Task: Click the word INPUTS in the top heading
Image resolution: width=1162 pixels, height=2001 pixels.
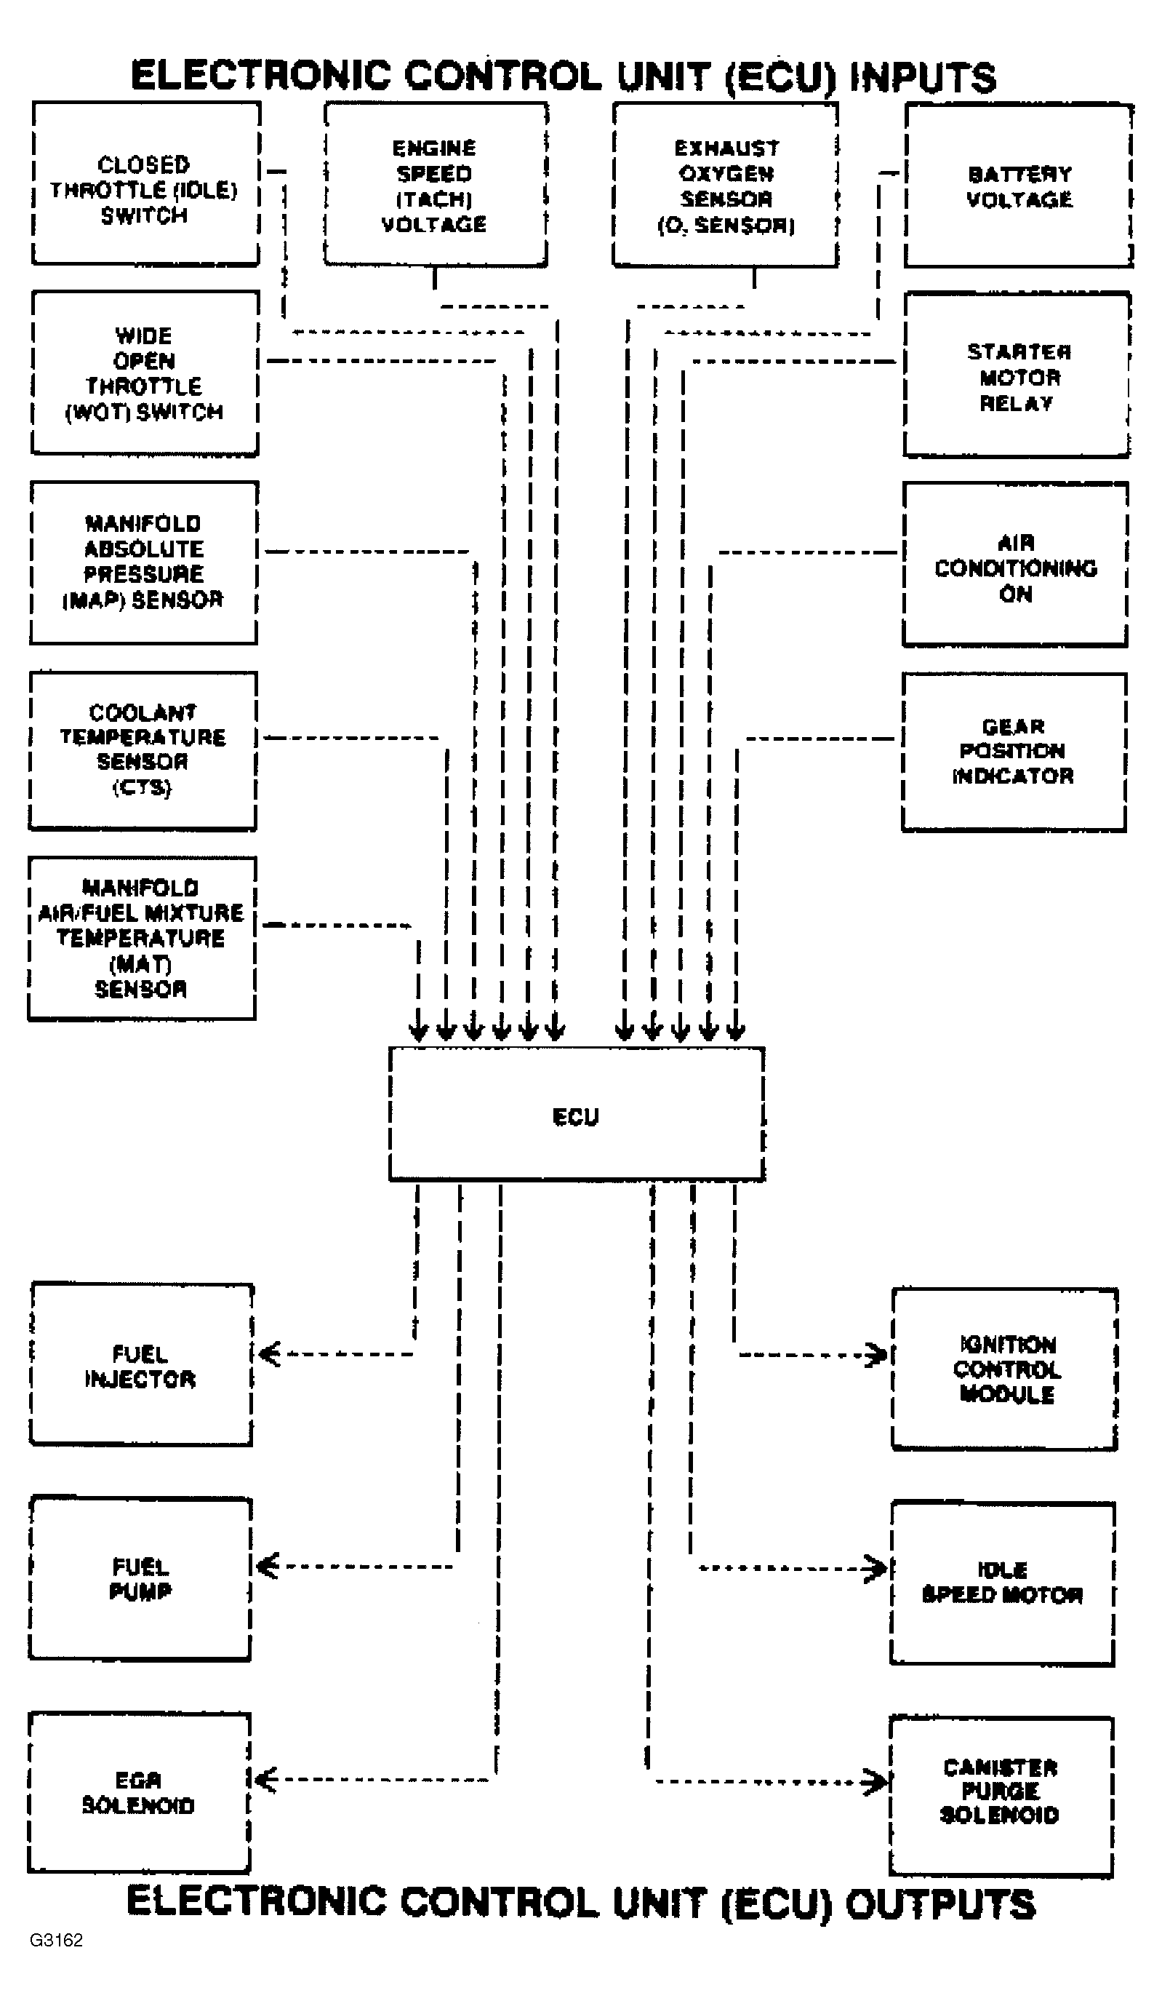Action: (x=922, y=77)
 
